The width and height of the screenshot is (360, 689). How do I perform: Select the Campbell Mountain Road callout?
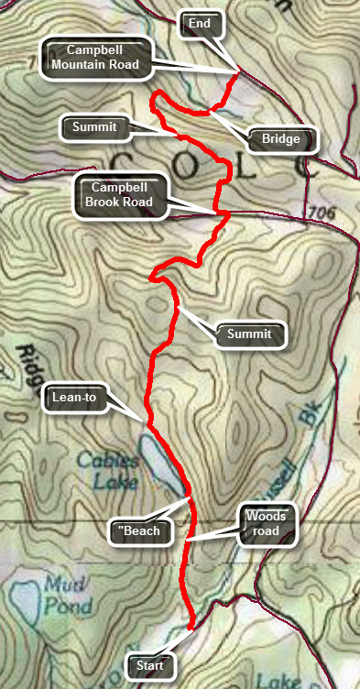coord(95,57)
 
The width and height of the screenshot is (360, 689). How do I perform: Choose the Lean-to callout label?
coord(75,398)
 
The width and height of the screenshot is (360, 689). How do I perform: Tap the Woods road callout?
coord(267,524)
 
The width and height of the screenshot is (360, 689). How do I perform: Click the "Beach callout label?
coord(138,530)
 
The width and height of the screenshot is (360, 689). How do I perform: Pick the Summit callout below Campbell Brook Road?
coord(250,334)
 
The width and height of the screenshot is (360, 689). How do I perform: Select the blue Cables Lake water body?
coord(162,463)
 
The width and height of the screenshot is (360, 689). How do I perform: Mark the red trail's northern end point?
coord(238,71)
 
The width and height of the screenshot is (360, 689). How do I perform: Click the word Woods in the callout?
coord(267,516)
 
